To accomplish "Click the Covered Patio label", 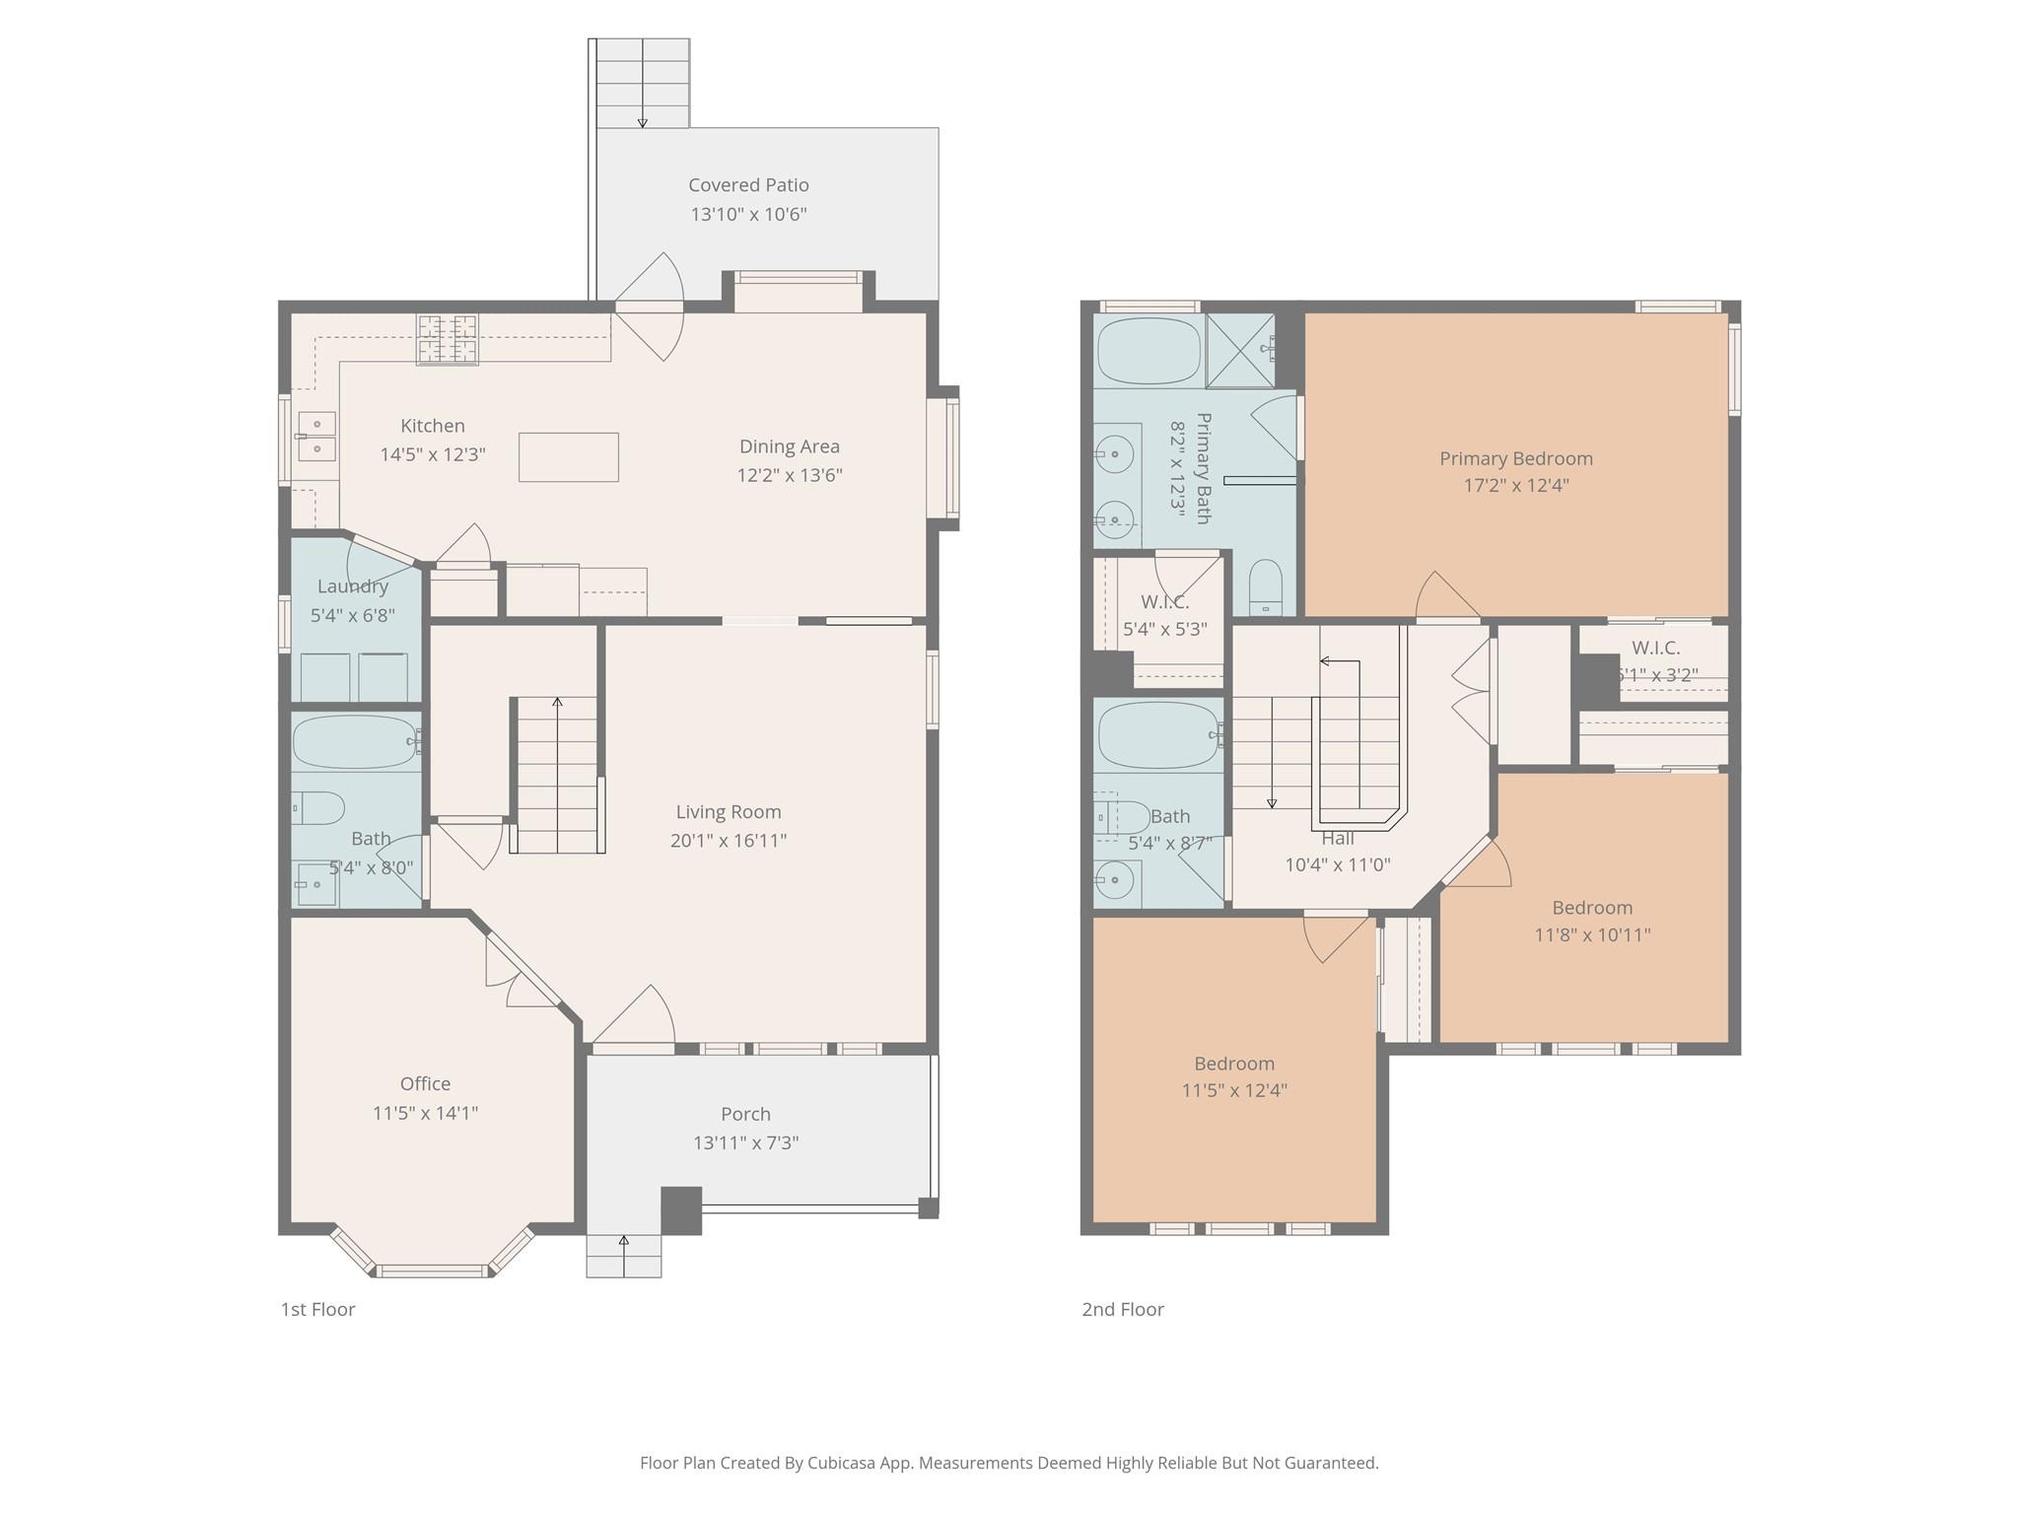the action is click(748, 185).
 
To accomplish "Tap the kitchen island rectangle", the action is click(569, 457).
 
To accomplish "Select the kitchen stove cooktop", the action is click(447, 339).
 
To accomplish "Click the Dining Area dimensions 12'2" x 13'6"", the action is click(790, 475).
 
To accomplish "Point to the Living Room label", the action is click(729, 812).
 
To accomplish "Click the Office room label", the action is click(425, 1084).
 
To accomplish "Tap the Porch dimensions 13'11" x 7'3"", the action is click(745, 1143).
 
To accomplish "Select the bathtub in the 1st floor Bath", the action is click(356, 741).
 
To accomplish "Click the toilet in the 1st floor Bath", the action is click(317, 809).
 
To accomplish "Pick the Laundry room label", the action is click(353, 586).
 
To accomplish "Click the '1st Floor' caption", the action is click(317, 1310).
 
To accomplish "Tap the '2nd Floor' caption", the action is click(1123, 1310).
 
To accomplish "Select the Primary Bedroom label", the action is click(1516, 458).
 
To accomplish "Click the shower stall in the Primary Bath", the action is click(1241, 351).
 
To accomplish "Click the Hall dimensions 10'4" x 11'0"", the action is click(1338, 865).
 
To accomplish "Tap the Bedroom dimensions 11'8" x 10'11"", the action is click(1592, 934).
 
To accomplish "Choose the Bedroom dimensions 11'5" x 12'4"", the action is click(1234, 1090).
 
